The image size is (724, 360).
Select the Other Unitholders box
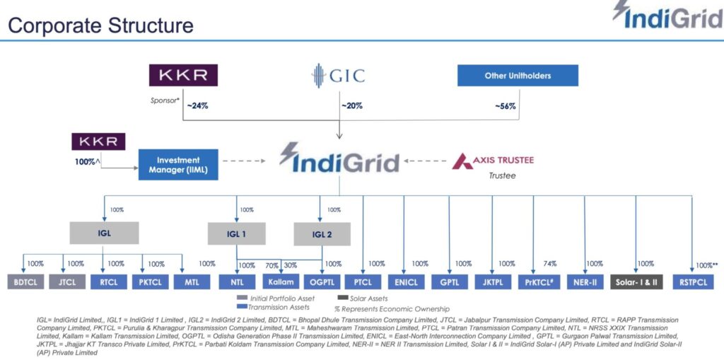coord(518,76)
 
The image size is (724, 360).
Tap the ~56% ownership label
coord(505,107)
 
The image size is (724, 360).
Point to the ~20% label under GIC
coord(352,107)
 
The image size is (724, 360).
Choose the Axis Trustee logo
coord(493,160)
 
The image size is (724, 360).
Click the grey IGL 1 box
coord(236,234)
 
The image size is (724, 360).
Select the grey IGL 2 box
coord(322,234)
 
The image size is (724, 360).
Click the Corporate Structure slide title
coord(100,26)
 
